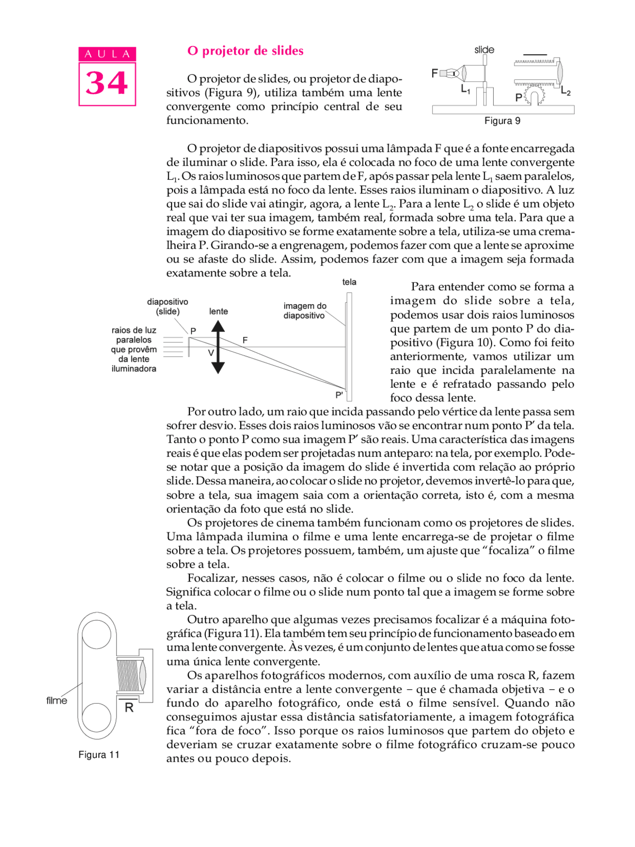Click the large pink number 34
tap(107, 83)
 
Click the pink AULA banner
tap(107, 54)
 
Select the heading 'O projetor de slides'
tap(245, 51)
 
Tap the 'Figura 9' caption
tap(502, 121)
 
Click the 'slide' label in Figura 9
tap(484, 50)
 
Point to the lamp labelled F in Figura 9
tap(449, 73)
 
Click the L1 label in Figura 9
tap(465, 90)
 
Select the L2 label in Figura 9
tap(566, 91)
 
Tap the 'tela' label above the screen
tap(349, 282)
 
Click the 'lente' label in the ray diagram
tap(219, 311)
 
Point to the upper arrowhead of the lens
tap(218, 326)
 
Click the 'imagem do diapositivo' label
tap(305, 311)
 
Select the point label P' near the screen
tap(339, 395)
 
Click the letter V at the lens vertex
tap(211, 353)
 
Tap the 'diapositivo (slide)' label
tap(168, 307)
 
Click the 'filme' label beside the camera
tap(57, 701)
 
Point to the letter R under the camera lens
tap(129, 708)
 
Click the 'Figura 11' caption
tap(99, 755)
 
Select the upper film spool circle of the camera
tap(97, 635)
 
